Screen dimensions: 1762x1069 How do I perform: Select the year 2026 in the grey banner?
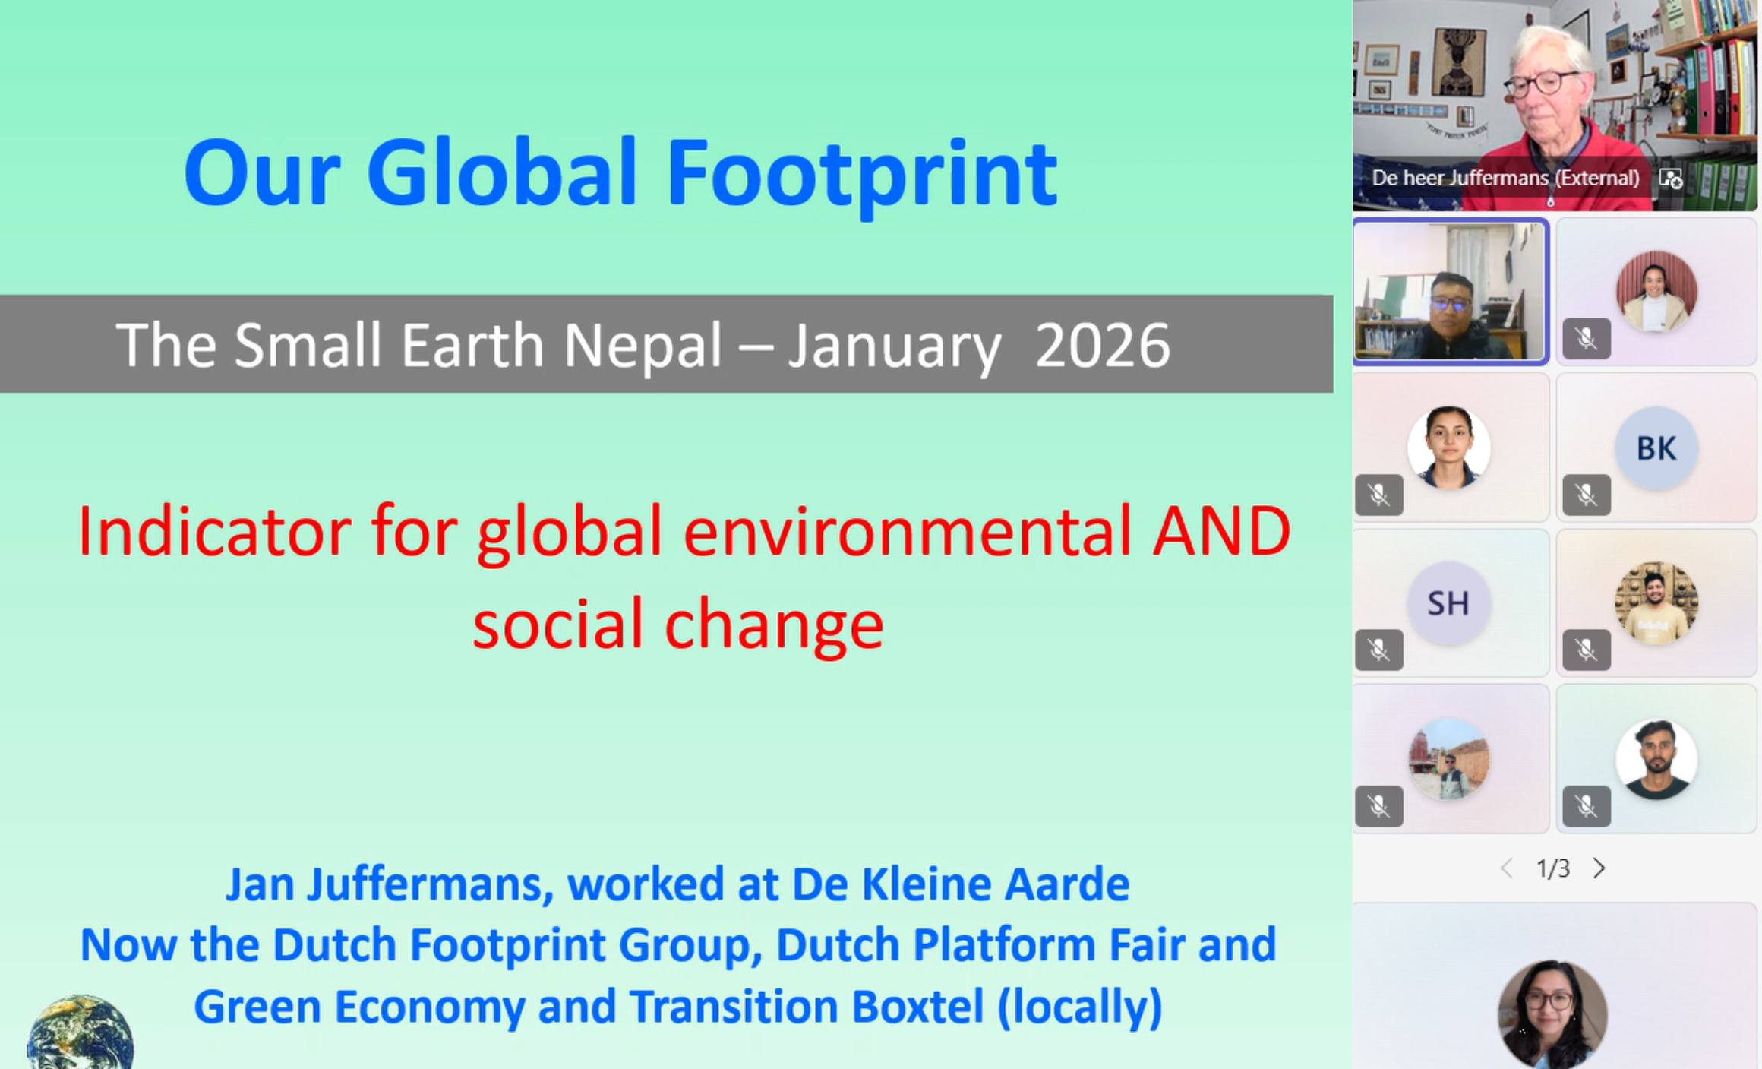coord(1103,346)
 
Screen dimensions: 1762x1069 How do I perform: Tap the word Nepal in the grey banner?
coord(643,346)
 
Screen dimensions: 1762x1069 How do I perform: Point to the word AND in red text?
coord(1222,531)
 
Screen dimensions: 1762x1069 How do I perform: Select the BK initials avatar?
coord(1656,448)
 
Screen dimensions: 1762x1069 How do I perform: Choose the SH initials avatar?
coord(1448,603)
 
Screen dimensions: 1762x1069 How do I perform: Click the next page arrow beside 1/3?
coord(1599,868)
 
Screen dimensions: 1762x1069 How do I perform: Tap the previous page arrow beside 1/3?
coord(1508,868)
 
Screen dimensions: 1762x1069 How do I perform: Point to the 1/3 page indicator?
coord(1553,868)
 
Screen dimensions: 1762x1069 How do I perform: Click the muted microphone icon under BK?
coord(1587,495)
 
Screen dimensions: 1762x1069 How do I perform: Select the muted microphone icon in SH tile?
coord(1379,650)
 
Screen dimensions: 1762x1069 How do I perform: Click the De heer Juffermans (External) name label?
coord(1505,178)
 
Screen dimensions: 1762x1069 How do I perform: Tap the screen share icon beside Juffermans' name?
coord(1671,179)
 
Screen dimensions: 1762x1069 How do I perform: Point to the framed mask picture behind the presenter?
coord(1458,62)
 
